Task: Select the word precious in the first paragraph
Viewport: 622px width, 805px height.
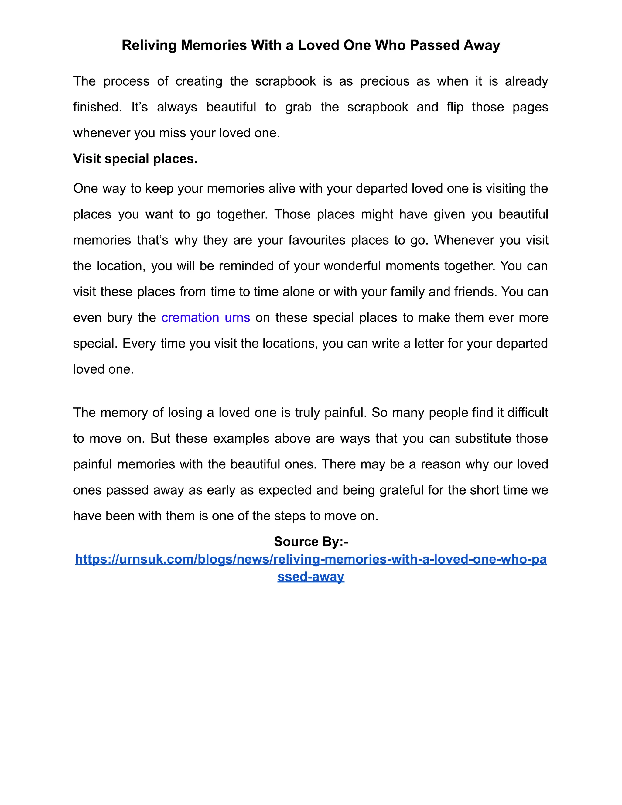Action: coord(384,81)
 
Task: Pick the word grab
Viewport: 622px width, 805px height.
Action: coord(299,107)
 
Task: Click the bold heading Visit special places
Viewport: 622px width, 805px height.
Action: coord(135,159)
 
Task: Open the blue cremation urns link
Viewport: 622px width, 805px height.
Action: coord(206,318)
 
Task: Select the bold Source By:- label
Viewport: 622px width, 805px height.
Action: coord(311,541)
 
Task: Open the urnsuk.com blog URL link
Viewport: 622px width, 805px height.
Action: coord(311,560)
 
